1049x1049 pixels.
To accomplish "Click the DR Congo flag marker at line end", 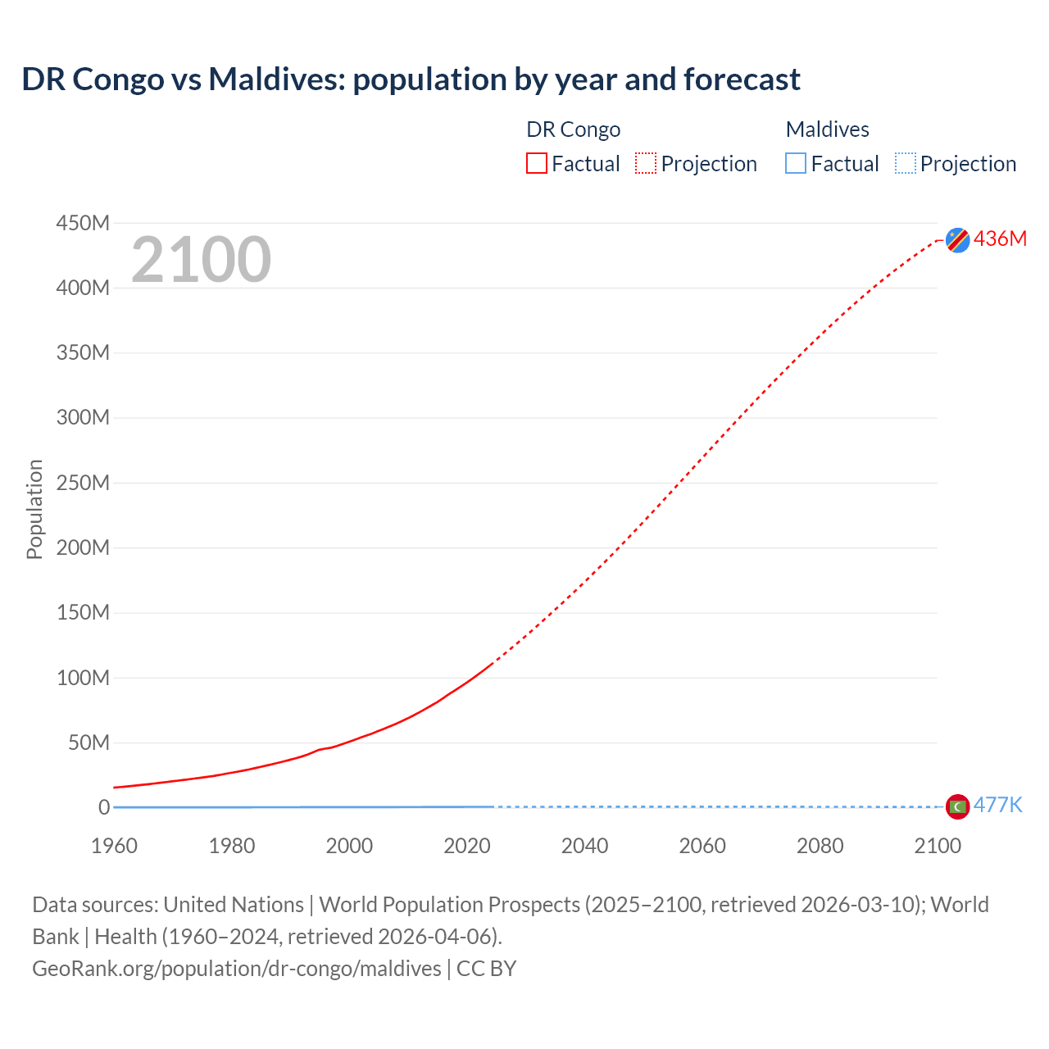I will coord(957,239).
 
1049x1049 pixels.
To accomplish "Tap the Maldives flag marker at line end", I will coord(957,806).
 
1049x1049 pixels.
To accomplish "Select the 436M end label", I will coord(1000,238).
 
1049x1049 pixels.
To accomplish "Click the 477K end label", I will coord(997,805).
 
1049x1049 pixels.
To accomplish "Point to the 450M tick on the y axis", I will coord(83,223).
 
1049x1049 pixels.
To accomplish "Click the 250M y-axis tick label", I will coord(83,483).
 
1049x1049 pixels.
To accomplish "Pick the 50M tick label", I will coord(89,742).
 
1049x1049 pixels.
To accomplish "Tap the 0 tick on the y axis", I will coord(104,807).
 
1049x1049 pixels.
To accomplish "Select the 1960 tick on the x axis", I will coord(114,846).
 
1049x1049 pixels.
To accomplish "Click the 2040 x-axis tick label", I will coord(584,846).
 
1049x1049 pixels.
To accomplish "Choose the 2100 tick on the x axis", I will coord(938,846).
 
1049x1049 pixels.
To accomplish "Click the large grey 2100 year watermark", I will coord(201,260).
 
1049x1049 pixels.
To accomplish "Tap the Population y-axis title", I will coord(34,509).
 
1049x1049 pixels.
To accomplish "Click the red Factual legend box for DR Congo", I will coord(537,163).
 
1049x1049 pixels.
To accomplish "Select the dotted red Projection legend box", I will coord(646,163).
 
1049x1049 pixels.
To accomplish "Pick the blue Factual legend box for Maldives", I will coord(796,163).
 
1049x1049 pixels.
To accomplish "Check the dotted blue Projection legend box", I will coord(905,163).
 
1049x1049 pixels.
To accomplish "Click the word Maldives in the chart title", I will coord(276,79).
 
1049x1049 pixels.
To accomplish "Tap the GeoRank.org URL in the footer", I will coord(236,968).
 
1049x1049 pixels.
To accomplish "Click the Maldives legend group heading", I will coord(827,129).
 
